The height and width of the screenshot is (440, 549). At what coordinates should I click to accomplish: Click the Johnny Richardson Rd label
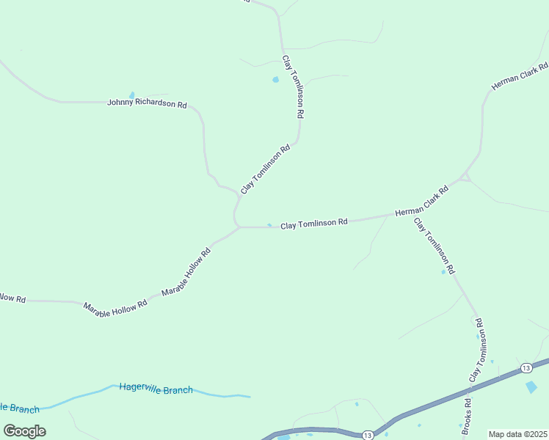(147, 103)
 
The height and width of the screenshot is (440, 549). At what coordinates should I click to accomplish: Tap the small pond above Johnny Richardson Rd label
(132, 95)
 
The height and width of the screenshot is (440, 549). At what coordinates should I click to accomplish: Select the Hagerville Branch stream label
(156, 389)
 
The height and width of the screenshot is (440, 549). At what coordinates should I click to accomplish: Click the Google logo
(24, 430)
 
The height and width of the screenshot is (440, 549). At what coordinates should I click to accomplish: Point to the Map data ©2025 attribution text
(518, 434)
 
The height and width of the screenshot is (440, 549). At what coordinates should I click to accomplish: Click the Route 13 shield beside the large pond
(526, 367)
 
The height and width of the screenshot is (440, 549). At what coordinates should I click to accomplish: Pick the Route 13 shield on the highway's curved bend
(368, 435)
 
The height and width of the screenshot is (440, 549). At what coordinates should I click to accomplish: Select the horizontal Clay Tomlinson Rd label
(313, 223)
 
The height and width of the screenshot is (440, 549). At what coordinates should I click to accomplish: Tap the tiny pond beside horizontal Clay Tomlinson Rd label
(269, 225)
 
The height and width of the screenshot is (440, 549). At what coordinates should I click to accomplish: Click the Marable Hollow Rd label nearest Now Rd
(115, 309)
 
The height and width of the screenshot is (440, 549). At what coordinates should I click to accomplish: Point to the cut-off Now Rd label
(12, 298)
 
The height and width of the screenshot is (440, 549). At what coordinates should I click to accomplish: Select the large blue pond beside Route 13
(531, 386)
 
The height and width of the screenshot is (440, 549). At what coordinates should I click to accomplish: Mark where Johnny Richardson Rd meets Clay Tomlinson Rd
(239, 195)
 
